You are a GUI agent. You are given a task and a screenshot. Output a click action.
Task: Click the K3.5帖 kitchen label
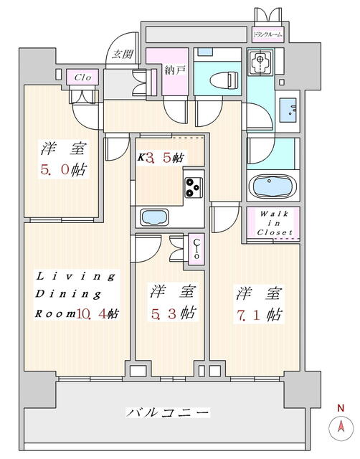point(161,158)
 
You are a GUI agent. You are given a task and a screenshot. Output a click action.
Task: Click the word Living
point(75,276)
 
